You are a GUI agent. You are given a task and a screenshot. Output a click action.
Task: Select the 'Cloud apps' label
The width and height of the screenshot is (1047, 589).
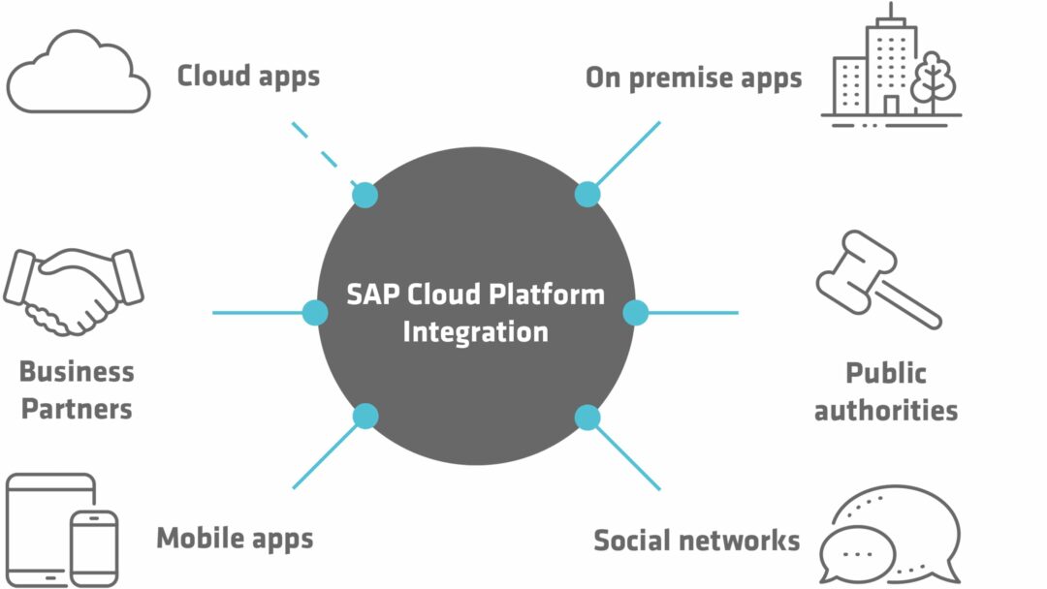pos(248,76)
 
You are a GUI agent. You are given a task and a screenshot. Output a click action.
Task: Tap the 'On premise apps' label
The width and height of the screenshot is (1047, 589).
pos(693,77)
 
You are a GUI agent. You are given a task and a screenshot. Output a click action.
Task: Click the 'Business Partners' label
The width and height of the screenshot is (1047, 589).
pos(77,389)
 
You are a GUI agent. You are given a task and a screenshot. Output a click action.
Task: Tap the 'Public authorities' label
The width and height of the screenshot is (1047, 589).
pos(885,391)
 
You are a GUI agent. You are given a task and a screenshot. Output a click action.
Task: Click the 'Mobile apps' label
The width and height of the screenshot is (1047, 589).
pos(235,538)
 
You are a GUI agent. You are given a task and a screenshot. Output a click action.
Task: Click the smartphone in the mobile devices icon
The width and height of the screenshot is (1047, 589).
pos(94,547)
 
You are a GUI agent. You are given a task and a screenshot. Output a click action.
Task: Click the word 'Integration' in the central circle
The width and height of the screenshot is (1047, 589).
pos(475,331)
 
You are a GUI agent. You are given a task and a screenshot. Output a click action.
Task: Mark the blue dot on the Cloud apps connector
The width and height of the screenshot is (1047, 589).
pos(365,195)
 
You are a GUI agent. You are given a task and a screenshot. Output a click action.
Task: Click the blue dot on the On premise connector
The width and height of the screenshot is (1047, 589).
pos(587,194)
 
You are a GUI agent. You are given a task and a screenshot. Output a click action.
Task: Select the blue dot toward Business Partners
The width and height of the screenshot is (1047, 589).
pos(315,313)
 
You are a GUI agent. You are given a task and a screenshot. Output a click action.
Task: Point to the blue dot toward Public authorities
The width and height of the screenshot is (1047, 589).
pos(635,313)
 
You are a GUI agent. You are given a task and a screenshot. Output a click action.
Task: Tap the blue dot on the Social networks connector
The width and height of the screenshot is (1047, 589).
pos(587,418)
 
